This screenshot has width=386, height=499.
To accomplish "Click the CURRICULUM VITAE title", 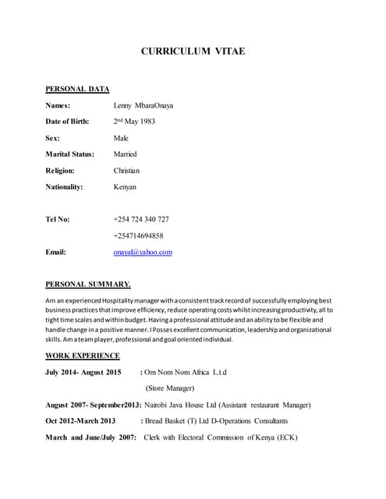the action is [x=193, y=51].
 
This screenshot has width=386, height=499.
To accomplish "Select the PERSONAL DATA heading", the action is [x=77, y=89].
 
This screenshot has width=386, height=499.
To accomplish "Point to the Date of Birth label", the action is [x=67, y=122].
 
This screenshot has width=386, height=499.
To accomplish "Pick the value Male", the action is [x=121, y=137].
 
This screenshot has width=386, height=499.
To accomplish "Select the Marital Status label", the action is [x=70, y=154].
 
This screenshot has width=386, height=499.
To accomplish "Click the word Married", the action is [x=125, y=154].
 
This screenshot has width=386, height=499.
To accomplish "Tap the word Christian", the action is [x=126, y=170].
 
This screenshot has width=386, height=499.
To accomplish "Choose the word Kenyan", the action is [x=125, y=187].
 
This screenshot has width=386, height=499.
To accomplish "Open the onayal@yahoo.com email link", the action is [x=143, y=252].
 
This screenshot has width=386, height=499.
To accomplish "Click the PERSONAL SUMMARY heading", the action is [x=88, y=284].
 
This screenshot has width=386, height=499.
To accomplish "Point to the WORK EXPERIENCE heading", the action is [x=83, y=356].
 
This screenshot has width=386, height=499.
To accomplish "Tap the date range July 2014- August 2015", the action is [x=83, y=372].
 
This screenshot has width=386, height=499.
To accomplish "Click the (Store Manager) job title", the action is [x=169, y=388].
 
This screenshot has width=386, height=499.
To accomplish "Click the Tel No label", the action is [x=58, y=219].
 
